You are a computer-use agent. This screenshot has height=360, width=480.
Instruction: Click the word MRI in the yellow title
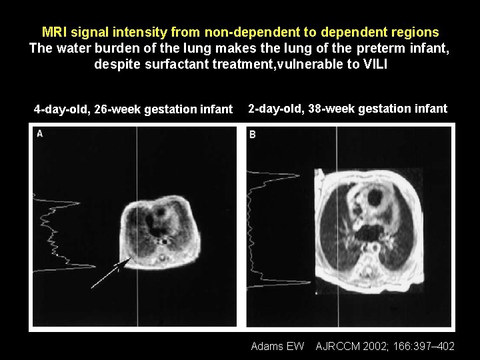pyautogui.click(x=55, y=32)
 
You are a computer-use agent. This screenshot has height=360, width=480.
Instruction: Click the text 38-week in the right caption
pyautogui.click(x=331, y=108)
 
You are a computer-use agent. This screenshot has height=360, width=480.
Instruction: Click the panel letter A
pyautogui.click(x=40, y=134)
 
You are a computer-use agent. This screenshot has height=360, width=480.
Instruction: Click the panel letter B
pyautogui.click(x=253, y=134)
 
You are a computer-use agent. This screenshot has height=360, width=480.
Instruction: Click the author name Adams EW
pyautogui.click(x=277, y=345)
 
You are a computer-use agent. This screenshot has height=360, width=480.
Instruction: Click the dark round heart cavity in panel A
pyautogui.click(x=161, y=215)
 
